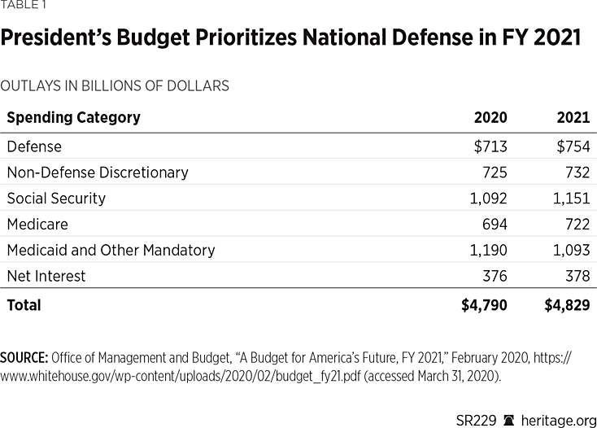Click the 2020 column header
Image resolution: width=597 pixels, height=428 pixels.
tap(490, 117)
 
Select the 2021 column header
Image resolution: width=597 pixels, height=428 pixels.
tap(573, 117)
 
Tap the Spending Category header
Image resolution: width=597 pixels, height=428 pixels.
tap(73, 117)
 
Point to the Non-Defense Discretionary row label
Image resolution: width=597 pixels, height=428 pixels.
tap(98, 173)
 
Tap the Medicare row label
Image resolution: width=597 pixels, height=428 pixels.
tap(37, 224)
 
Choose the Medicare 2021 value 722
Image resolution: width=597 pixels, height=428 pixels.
tap(577, 224)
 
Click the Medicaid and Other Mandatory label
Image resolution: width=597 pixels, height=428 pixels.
tap(111, 250)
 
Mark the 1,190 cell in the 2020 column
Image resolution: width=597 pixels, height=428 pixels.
tap(488, 250)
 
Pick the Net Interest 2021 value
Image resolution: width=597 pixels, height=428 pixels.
tap(577, 276)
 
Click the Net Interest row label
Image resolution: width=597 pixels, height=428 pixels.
tap(46, 276)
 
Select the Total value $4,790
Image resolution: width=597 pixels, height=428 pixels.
tap(485, 305)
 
